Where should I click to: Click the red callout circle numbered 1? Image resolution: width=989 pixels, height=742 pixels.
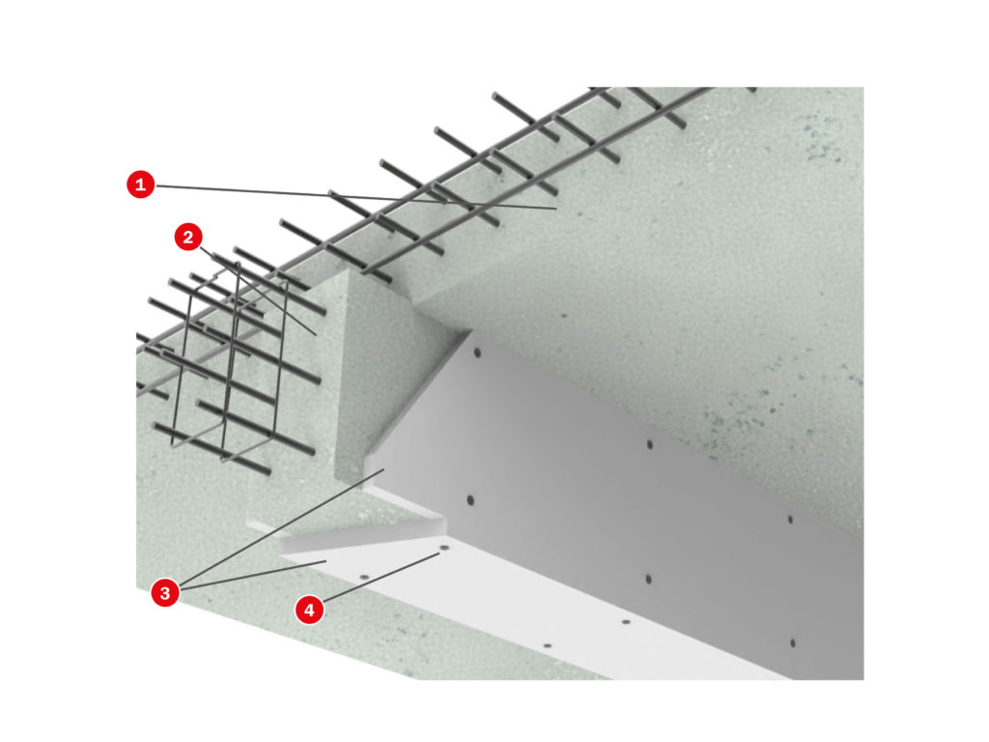click(140, 185)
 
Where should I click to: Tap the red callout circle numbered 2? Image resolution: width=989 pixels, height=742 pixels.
click(188, 238)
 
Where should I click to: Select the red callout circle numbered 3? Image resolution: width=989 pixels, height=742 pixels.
click(164, 593)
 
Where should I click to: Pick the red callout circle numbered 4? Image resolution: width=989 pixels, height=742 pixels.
click(309, 611)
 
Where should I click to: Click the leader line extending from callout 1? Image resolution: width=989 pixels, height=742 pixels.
click(355, 196)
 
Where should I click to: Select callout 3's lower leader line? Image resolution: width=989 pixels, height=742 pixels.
click(253, 575)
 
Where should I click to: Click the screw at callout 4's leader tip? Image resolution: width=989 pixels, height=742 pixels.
click(443, 549)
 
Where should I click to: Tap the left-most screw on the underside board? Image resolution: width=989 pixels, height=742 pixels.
click(364, 577)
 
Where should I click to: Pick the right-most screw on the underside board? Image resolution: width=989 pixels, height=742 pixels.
click(626, 622)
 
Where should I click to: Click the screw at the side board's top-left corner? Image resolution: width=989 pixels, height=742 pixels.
click(477, 353)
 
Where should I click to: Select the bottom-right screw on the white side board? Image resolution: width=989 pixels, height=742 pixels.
click(792, 642)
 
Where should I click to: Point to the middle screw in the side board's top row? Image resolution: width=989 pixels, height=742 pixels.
click(650, 444)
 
